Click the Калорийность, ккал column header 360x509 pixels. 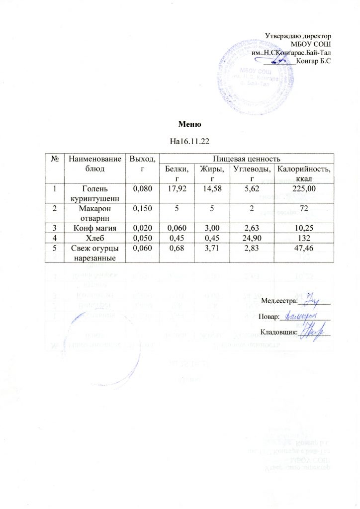304,174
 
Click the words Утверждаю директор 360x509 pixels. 298,36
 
